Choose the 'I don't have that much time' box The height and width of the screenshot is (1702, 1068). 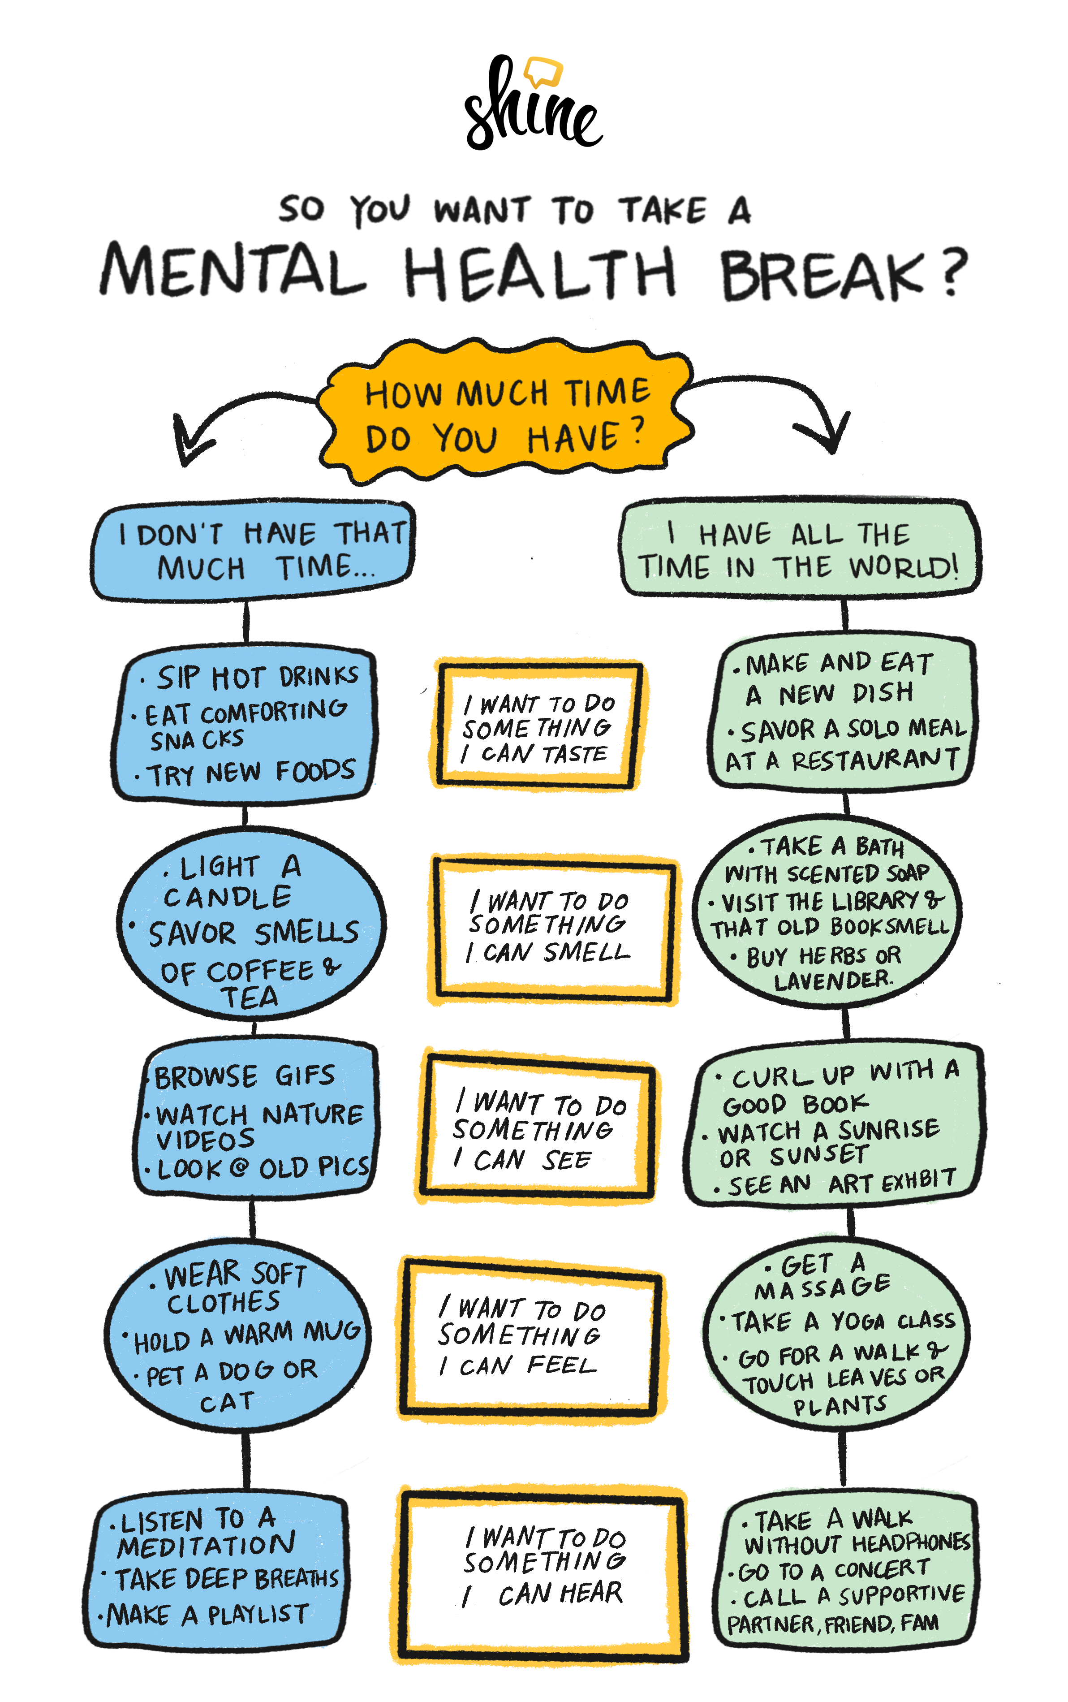tap(253, 551)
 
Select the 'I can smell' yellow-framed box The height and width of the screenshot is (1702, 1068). tap(551, 928)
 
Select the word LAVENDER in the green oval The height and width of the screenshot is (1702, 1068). tap(834, 981)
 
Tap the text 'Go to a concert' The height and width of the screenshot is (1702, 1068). tap(834, 1570)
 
